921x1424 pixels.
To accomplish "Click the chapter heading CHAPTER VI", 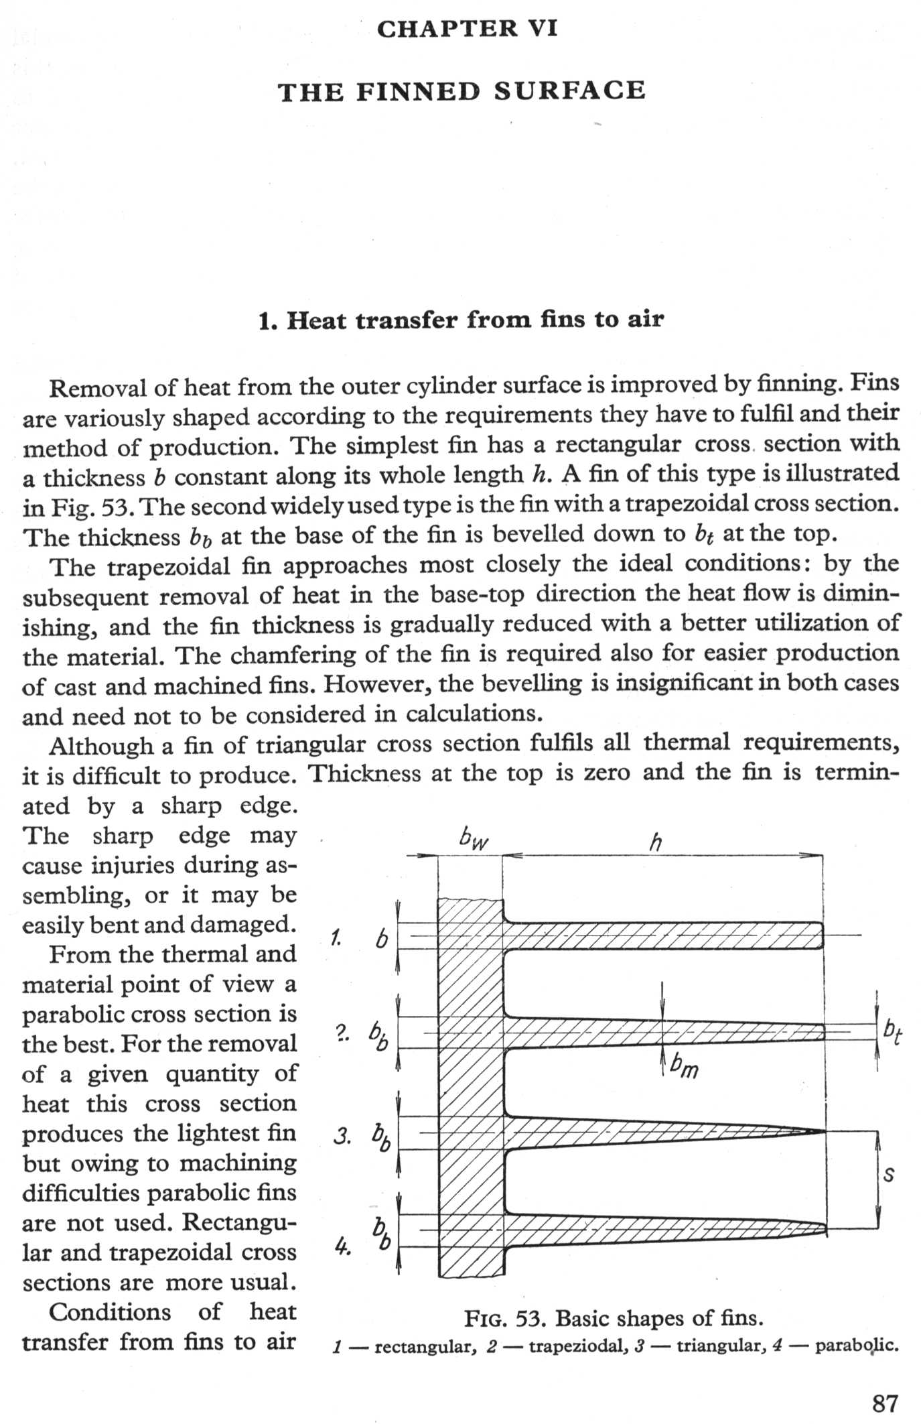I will [x=467, y=29].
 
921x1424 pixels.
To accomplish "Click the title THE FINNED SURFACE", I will [x=462, y=90].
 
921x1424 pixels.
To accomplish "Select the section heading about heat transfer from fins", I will [x=461, y=320].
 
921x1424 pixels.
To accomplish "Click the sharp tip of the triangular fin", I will [x=823, y=1132].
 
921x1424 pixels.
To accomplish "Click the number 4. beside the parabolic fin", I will [x=342, y=1247].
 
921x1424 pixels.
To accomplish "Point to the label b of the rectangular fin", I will [x=381, y=940].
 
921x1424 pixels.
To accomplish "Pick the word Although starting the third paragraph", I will [x=100, y=745].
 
